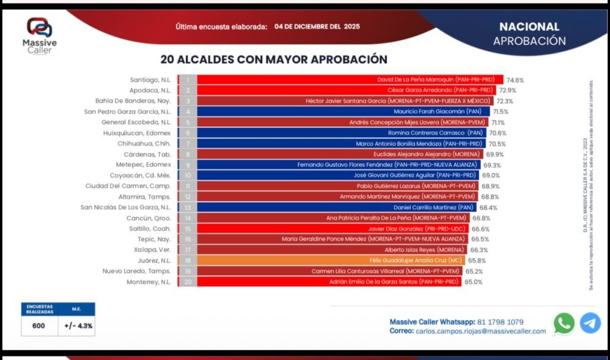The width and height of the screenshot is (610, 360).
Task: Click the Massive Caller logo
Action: (x=39, y=36)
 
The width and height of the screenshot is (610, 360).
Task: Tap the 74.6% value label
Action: (x=515, y=80)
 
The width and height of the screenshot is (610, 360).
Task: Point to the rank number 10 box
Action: (x=188, y=175)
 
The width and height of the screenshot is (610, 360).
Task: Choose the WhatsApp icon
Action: (x=564, y=323)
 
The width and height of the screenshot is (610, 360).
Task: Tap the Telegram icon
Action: (x=590, y=323)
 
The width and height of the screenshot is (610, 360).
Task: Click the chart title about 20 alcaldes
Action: (x=274, y=60)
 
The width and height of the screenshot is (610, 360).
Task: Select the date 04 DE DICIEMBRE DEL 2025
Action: (x=317, y=27)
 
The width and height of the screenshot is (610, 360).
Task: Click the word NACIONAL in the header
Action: (x=529, y=27)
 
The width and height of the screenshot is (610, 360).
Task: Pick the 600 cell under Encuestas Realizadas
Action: (x=38, y=326)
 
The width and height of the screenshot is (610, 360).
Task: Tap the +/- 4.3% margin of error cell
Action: (x=78, y=326)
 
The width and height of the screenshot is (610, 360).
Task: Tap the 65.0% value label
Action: (x=474, y=282)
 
